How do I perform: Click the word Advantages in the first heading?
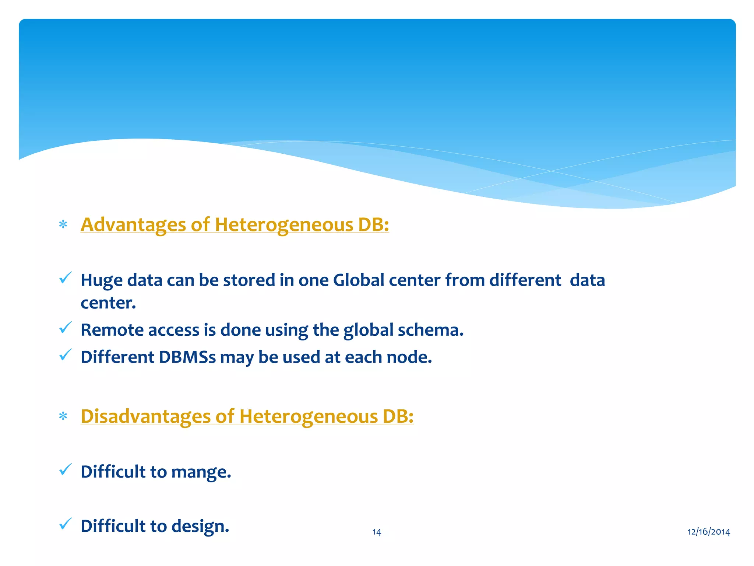133,224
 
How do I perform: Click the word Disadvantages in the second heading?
145,416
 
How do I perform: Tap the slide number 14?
377,532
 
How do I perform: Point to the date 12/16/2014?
709,532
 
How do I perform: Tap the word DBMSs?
187,357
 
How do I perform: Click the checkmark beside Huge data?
65,278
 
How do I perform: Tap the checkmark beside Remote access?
65,328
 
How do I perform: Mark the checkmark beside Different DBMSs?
65,355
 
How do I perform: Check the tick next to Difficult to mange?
65,469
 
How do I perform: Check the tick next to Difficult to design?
65,524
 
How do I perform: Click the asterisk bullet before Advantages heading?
63,224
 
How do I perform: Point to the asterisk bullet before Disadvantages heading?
63,416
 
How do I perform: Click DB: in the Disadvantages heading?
398,416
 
